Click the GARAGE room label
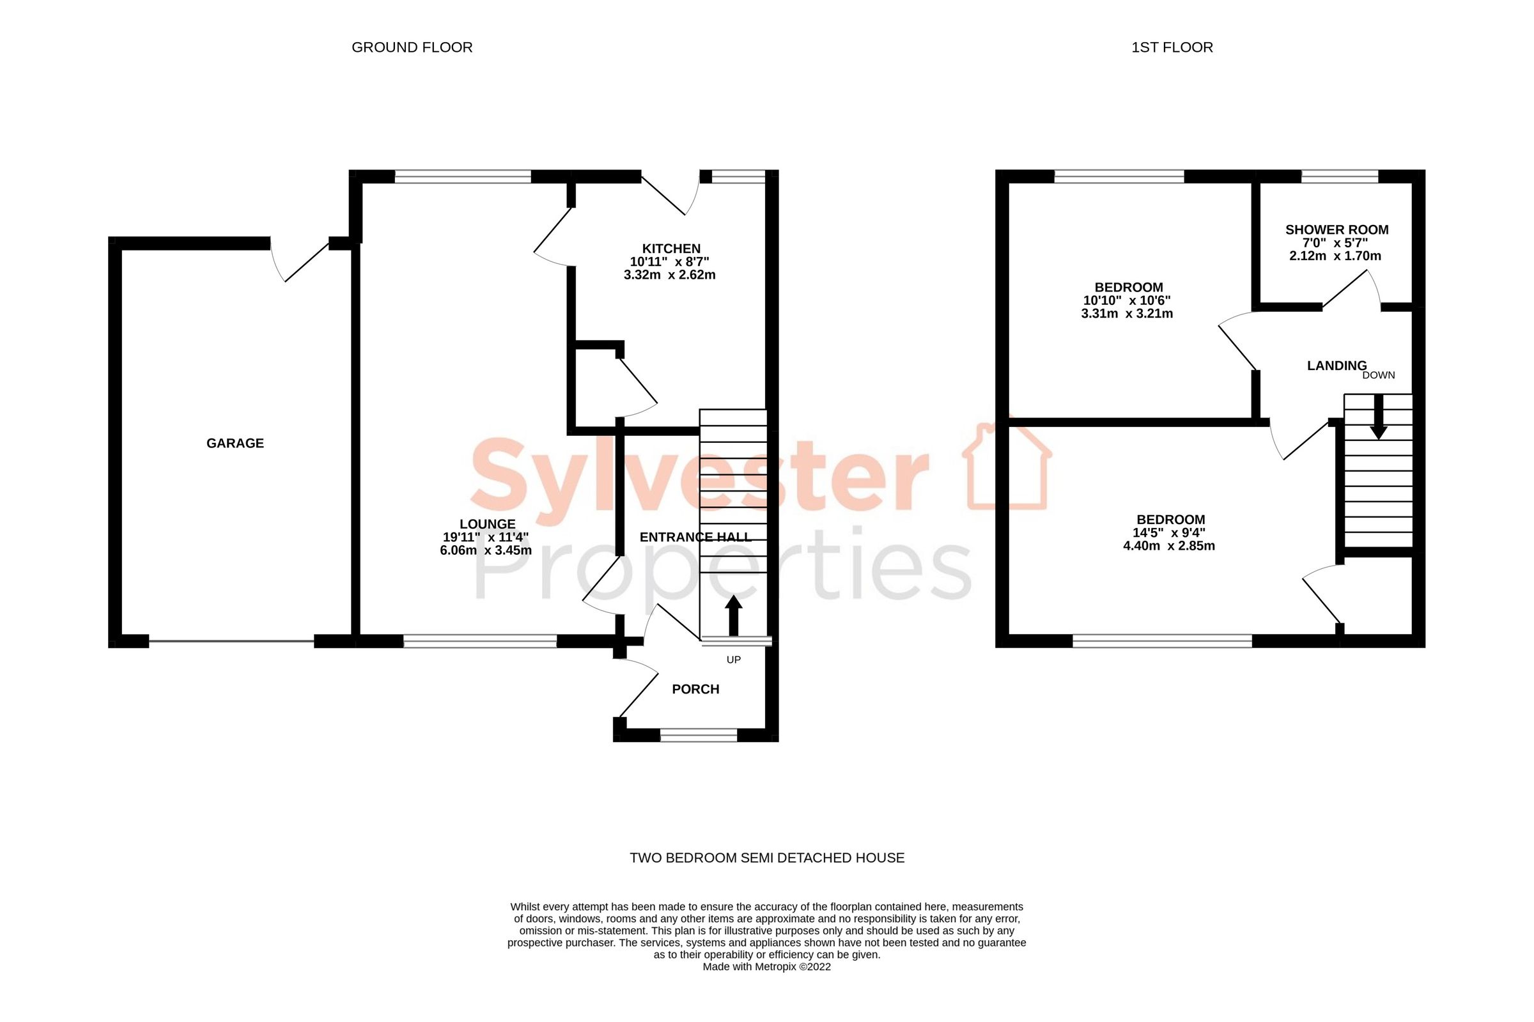point(235,443)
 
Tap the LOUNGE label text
point(487,524)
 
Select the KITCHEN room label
point(670,249)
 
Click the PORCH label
point(695,689)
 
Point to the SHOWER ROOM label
point(1336,229)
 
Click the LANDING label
point(1336,366)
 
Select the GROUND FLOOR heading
point(412,47)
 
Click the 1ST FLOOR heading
point(1172,47)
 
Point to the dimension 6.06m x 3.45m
point(486,550)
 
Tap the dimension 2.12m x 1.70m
point(1335,256)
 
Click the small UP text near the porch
point(733,660)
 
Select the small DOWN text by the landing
point(1378,375)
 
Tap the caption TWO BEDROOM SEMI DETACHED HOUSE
point(766,858)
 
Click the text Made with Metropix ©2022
point(766,966)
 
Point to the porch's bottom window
point(698,735)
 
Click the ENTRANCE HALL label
point(695,537)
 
